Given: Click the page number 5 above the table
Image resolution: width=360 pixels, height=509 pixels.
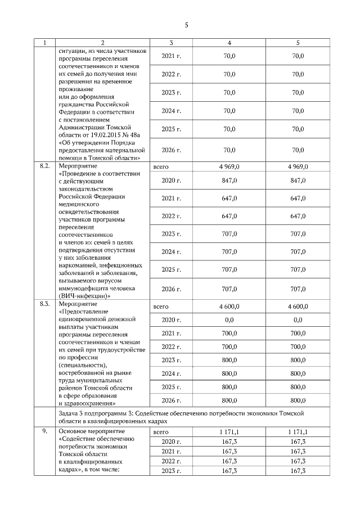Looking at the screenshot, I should [186, 25].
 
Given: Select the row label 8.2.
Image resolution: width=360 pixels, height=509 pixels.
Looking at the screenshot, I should [45, 166].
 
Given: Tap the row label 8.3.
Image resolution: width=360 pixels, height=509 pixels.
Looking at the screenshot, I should [45, 304].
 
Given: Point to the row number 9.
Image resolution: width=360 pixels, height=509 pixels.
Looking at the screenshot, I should [44, 431].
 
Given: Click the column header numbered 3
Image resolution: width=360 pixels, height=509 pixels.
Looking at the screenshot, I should [171, 42].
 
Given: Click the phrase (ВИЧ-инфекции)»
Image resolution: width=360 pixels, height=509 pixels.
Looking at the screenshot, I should [84, 296].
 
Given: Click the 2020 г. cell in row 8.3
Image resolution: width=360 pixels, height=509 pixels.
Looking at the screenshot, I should [171, 320].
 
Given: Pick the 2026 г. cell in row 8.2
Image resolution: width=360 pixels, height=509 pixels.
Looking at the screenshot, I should [171, 289].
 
